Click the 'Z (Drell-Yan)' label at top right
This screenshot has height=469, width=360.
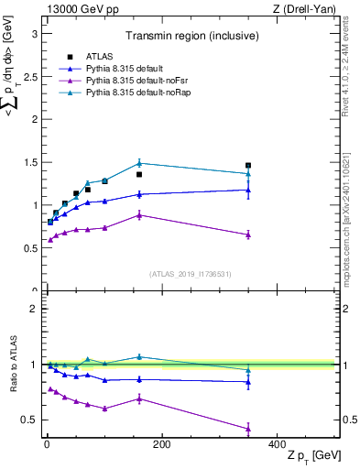coord(306,8)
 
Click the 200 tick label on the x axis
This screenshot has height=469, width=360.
coord(161,445)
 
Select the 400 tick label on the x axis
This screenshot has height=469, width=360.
coord(277,445)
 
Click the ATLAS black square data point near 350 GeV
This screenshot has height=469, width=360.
coord(248,166)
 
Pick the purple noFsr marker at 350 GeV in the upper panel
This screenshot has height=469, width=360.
coord(248,234)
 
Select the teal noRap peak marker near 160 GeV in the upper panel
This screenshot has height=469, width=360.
coord(139,163)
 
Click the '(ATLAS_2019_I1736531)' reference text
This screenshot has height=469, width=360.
coord(190,274)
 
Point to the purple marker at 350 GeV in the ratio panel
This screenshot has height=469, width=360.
coord(248,429)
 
